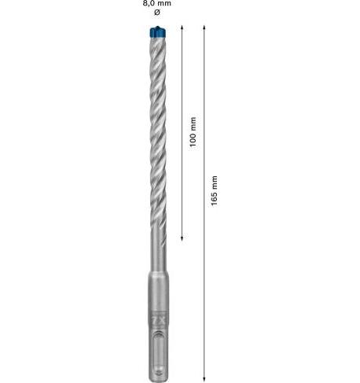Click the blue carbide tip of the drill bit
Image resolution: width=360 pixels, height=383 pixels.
point(158,31)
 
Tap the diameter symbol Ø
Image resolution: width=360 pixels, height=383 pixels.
point(157,12)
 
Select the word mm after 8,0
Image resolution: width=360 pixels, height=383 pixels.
point(164,3)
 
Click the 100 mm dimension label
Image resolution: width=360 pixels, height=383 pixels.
point(193,132)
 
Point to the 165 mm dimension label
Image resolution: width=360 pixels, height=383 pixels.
point(215,191)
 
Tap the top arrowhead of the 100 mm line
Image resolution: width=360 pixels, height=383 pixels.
point(182,28)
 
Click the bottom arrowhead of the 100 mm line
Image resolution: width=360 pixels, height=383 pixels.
point(182,238)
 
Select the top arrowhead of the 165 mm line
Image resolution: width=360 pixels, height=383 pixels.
point(204,28)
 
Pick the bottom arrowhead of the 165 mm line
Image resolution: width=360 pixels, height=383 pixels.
point(204,379)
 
